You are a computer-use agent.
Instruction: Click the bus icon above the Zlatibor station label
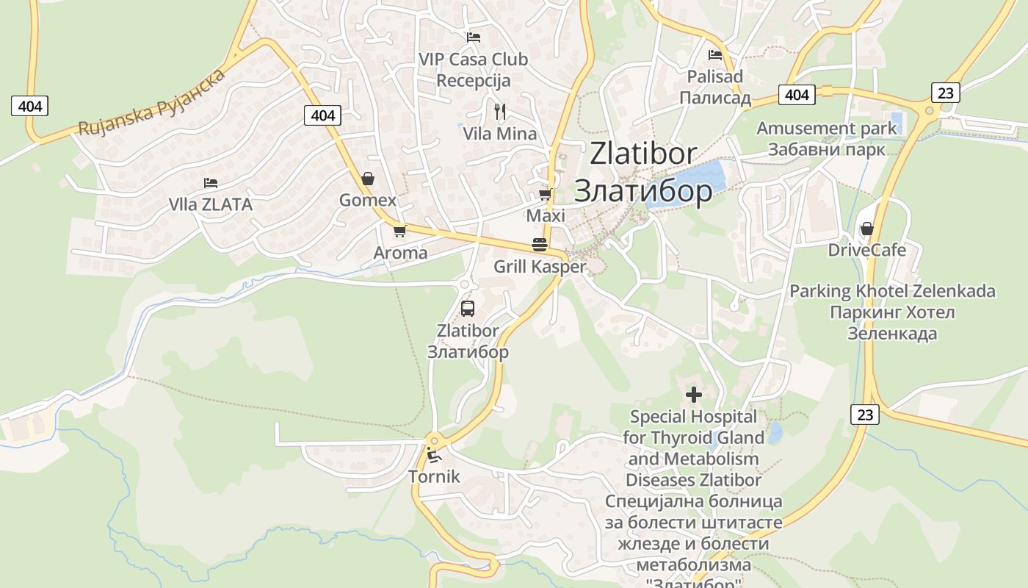[468, 309]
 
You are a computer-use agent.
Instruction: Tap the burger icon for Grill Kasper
[540, 244]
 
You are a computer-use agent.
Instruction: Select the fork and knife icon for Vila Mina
[500, 112]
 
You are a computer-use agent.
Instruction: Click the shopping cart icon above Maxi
[545, 194]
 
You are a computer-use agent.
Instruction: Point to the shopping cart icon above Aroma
[400, 231]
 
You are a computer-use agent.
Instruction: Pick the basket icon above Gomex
[368, 179]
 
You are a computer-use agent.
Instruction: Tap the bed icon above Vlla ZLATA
[211, 182]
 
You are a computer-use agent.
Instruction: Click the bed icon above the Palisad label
[715, 54]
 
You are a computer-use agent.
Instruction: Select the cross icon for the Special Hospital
[694, 395]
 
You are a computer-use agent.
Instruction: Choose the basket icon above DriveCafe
[867, 229]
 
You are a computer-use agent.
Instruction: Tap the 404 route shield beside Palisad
[797, 95]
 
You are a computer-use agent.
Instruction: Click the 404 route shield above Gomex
[322, 115]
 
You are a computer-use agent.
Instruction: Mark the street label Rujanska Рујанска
[151, 104]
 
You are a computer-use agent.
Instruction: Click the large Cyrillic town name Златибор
[643, 191]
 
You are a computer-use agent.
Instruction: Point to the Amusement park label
[827, 129]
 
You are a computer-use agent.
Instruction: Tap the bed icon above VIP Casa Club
[474, 37]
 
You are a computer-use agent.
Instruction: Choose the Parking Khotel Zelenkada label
[892, 291]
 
